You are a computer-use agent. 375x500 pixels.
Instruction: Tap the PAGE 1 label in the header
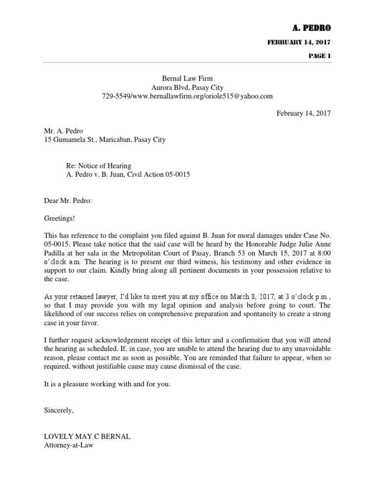[319, 56]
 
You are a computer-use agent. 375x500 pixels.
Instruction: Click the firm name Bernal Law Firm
[187, 78]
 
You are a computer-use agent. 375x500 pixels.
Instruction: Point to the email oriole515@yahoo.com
[241, 96]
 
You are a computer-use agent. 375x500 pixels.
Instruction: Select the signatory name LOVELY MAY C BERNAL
[87, 437]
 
